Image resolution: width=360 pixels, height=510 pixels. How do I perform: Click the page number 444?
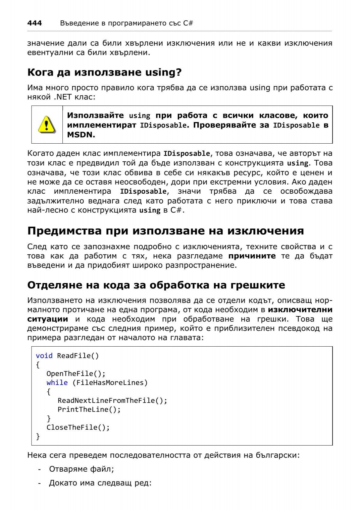(x=34, y=23)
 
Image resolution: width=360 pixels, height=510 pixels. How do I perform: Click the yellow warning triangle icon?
(x=46, y=124)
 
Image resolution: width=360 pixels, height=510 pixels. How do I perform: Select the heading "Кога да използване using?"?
(x=104, y=72)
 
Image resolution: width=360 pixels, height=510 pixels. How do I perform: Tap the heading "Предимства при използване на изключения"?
(x=165, y=231)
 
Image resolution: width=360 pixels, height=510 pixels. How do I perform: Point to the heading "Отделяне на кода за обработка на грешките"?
(x=156, y=285)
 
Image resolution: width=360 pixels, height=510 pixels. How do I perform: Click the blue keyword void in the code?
(x=44, y=356)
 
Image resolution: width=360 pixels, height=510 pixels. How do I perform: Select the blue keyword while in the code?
(x=57, y=383)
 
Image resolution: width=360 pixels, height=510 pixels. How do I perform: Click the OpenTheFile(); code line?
(x=76, y=374)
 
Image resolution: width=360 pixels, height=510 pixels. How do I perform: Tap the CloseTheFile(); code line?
(x=78, y=428)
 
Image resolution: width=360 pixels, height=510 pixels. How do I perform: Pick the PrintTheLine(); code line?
(x=89, y=410)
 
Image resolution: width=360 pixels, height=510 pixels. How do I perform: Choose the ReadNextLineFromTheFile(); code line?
(x=112, y=401)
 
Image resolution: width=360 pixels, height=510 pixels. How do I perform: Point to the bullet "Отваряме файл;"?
(x=82, y=469)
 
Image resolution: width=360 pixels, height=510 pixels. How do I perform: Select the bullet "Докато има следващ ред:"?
(x=100, y=483)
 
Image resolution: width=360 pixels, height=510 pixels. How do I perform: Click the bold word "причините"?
(x=252, y=256)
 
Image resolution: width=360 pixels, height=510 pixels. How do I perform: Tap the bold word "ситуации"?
(x=47, y=319)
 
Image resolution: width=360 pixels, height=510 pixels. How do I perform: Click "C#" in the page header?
(x=188, y=23)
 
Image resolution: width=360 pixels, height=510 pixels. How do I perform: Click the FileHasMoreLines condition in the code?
(x=110, y=383)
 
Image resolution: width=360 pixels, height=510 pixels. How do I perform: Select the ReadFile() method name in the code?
(x=78, y=356)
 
